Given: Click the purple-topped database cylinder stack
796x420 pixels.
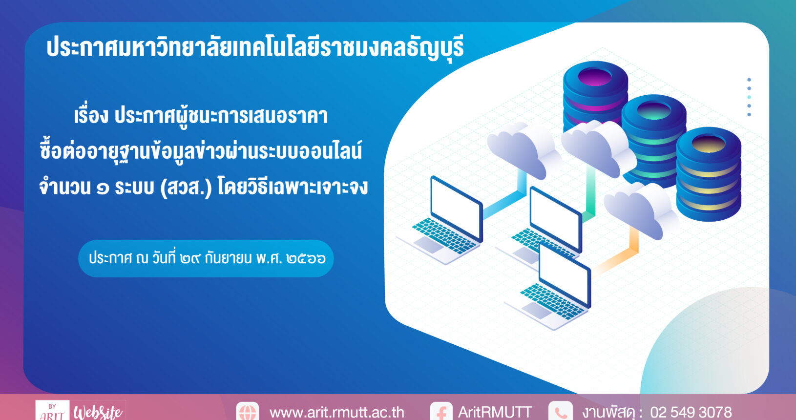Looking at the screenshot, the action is coord(595,94).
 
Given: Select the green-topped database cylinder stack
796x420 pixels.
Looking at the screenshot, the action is coord(654,139).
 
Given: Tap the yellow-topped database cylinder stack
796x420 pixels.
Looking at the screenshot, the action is coord(709,174).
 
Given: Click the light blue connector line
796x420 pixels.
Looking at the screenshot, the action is coord(504,203).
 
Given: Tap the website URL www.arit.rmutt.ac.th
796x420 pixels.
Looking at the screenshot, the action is coord(336,413).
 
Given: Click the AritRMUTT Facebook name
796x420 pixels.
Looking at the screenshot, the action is coord(495,412).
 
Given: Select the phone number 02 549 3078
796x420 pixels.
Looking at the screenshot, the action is coord(691,412).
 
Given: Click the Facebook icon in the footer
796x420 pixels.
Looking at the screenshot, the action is coord(441,412).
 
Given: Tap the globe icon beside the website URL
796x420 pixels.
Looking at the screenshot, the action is coord(248,412).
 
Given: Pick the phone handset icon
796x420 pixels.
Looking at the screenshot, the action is coord(561,412).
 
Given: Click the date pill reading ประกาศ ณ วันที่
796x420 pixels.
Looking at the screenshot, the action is coord(206,258).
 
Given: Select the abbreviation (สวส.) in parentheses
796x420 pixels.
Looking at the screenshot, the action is coord(186,187).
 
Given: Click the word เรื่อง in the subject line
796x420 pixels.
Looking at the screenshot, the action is coord(91,115).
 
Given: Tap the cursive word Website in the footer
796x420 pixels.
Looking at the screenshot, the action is coord(98,412).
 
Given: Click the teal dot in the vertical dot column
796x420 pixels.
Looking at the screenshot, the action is coord(749,97).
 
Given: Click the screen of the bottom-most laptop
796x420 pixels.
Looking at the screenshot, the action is coord(565,276).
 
